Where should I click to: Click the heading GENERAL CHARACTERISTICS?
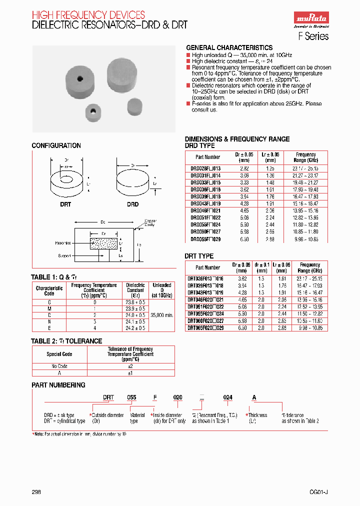point(229,47)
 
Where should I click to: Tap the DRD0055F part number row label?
point(205,225)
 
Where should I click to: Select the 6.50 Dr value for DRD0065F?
point(243,239)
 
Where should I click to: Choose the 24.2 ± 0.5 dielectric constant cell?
point(135,328)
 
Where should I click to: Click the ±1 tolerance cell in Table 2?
point(130,372)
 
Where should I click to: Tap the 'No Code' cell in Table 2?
point(59,366)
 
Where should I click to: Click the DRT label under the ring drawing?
point(65,204)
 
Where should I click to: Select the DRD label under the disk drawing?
point(132,204)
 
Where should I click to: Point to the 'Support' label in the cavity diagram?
point(64,255)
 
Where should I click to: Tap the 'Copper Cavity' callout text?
point(150,222)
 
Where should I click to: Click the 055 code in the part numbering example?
point(131,397)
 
